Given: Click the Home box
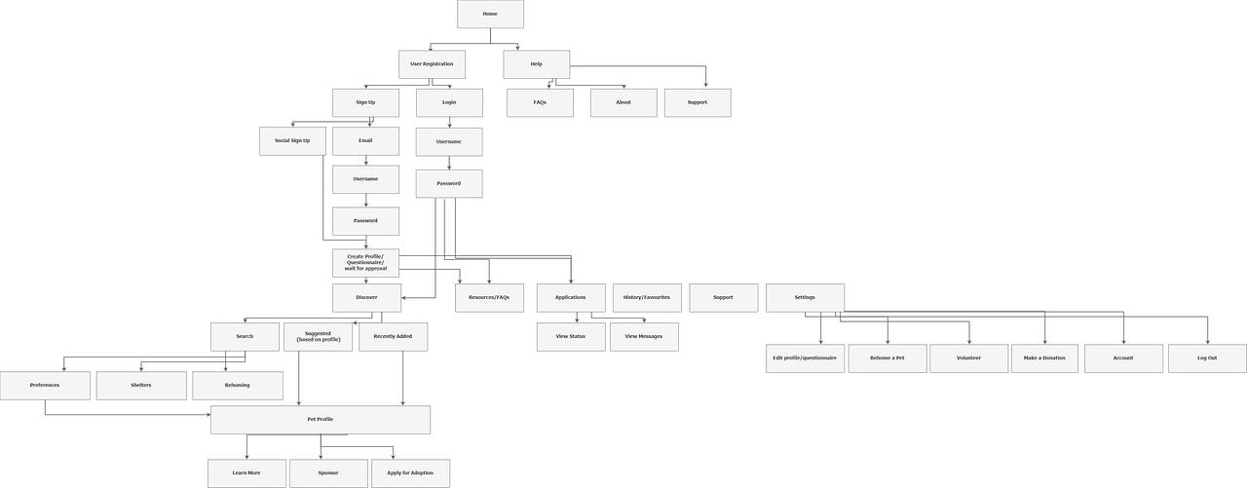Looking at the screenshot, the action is coord(490,14).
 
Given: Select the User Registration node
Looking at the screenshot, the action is coord(432,64).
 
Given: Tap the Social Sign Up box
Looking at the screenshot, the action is coord(292,141).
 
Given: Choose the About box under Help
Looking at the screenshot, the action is coord(623,103).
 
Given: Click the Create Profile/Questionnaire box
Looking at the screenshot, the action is coord(365,263).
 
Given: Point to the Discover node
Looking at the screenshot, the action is coord(366,298).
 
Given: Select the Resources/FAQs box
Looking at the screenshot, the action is coord(489,298).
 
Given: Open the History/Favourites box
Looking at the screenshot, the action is coord(647,298).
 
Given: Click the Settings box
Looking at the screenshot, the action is coord(805,298).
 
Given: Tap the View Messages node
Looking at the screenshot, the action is coord(644,337).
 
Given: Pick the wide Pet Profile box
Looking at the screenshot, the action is coord(321,420).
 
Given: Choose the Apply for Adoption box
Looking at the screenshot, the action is coord(410,473).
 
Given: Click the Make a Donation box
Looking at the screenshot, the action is coord(1044,358).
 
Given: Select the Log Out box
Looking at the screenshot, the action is coord(1207,358).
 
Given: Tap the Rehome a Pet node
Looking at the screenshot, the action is coord(888,358).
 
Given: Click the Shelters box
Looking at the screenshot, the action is coord(141,386).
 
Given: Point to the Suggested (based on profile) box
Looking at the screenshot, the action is coord(318,337).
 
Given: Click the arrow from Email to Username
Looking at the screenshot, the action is coord(365,161).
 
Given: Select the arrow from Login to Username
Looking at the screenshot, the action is coord(449,123).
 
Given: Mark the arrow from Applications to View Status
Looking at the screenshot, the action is coord(577,318).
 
